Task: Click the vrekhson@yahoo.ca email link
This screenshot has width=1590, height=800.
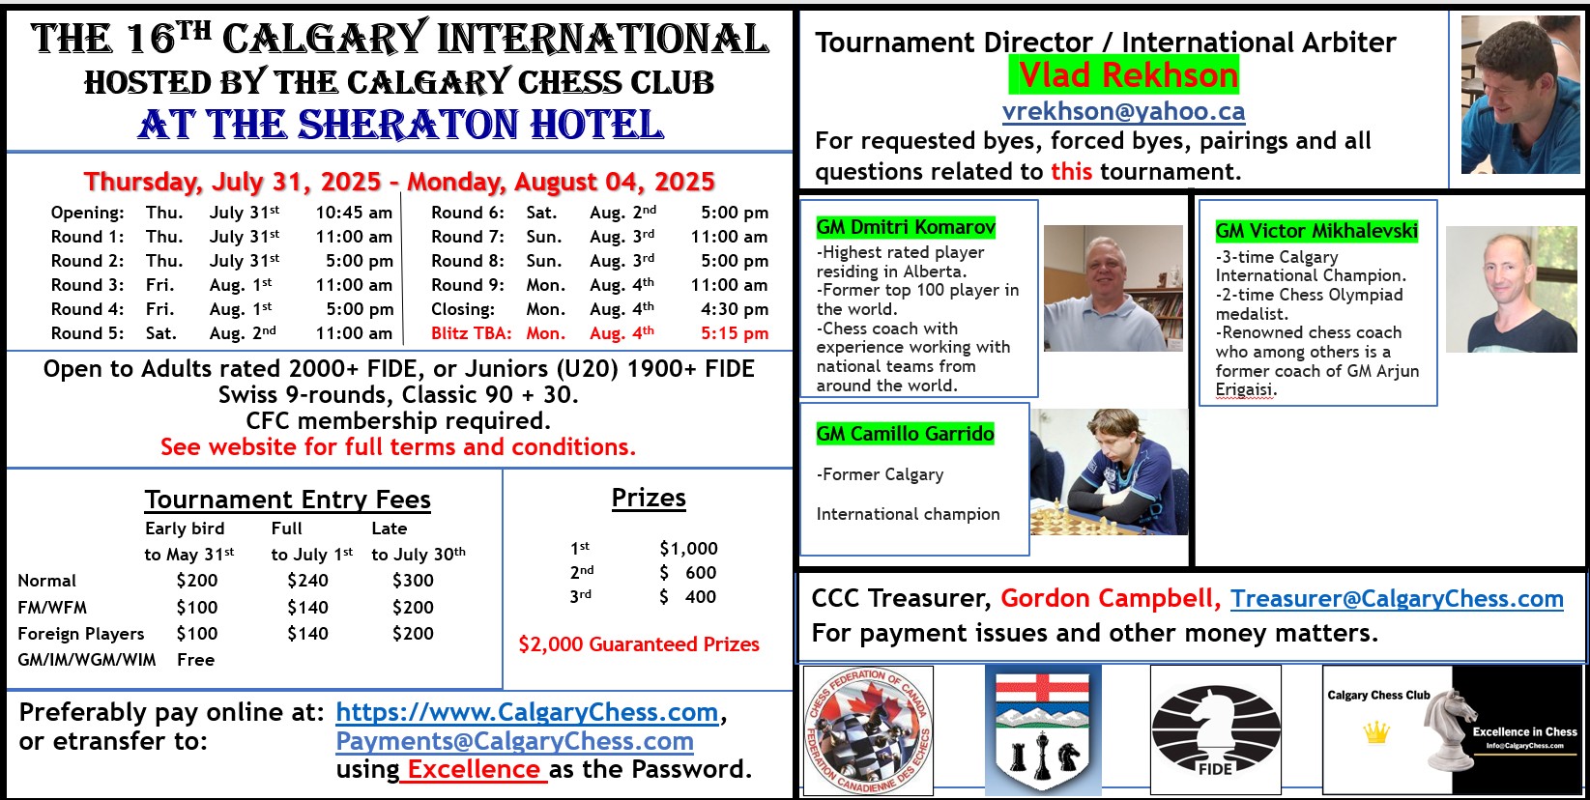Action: tap(1123, 111)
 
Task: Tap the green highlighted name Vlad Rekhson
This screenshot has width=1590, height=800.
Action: tap(1124, 75)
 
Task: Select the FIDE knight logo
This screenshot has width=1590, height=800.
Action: tap(1215, 729)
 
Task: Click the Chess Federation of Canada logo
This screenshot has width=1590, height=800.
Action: tap(867, 730)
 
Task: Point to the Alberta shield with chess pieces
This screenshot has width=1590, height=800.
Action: tap(1043, 730)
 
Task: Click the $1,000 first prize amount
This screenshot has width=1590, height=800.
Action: tap(688, 548)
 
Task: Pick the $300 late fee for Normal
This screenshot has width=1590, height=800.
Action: tap(413, 580)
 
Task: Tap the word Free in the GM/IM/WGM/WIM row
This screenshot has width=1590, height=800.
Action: tap(195, 660)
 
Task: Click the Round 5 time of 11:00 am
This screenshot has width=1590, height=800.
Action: tap(354, 333)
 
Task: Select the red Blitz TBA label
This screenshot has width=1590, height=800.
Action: tap(471, 333)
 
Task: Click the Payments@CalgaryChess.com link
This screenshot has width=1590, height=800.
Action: tap(514, 741)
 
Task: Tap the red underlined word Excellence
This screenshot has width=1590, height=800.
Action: tap(474, 769)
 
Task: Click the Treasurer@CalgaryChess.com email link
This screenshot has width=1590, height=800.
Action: tap(1397, 599)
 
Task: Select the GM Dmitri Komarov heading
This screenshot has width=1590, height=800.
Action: tap(906, 227)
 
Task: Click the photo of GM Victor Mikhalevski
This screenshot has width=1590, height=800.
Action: tap(1511, 289)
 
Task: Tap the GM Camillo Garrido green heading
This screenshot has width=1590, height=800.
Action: tap(905, 434)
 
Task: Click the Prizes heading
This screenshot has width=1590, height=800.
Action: tap(649, 498)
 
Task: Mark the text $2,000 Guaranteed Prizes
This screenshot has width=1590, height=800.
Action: tap(639, 643)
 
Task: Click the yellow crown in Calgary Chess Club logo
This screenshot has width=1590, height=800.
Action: tap(1375, 731)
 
